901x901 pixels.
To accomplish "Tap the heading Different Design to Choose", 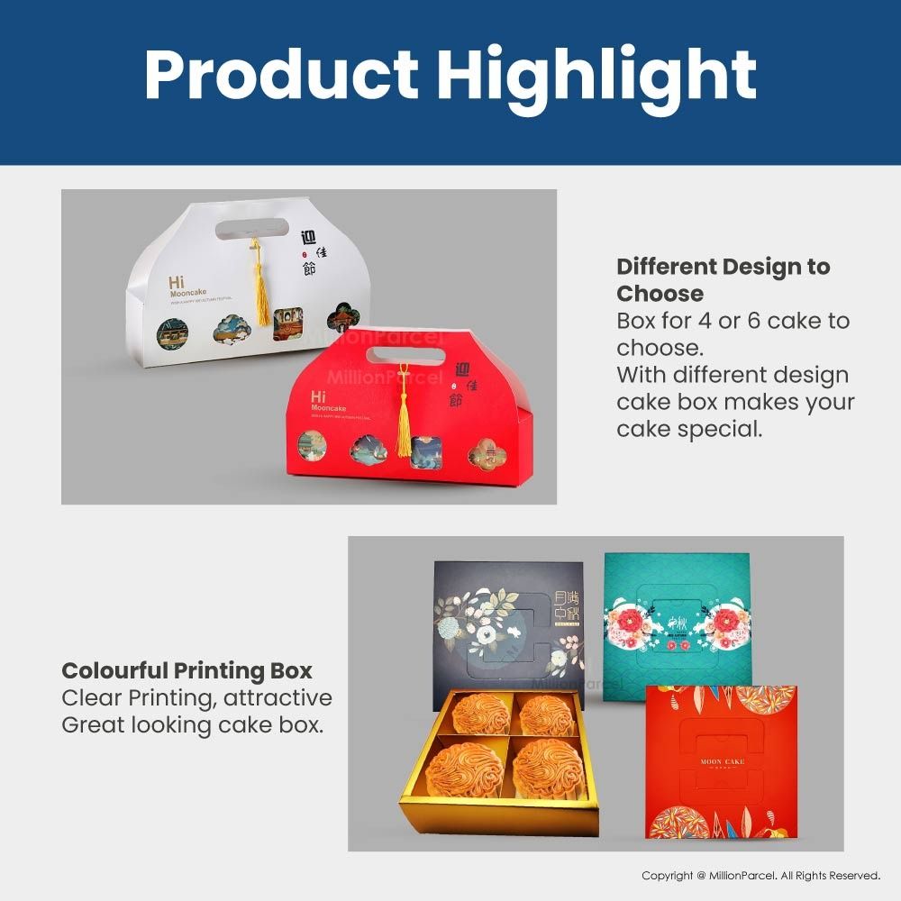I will click(723, 279).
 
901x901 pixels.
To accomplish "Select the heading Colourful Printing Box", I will click(187, 670).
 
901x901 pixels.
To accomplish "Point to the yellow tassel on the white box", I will click(260, 288).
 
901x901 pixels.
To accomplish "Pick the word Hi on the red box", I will click(318, 396).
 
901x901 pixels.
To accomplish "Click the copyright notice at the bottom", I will click(760, 876).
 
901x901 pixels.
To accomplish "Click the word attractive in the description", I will click(278, 697).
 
